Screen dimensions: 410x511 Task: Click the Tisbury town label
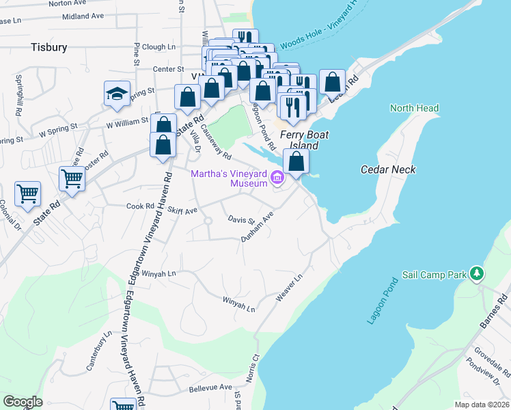click(x=49, y=47)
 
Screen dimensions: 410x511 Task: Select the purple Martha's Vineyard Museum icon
click(x=277, y=178)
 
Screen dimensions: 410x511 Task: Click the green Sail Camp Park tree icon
click(x=478, y=274)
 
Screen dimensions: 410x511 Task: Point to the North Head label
click(x=414, y=108)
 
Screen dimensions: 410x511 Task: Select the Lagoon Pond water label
click(x=382, y=301)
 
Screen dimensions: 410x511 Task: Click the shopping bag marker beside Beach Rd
click(x=332, y=82)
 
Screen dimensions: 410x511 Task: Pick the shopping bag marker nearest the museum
click(x=296, y=161)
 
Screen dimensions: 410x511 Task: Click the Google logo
click(x=23, y=402)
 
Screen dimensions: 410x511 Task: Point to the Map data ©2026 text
click(x=482, y=405)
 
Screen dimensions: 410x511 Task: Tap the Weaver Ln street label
click(x=288, y=290)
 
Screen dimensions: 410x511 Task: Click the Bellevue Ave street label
click(x=210, y=387)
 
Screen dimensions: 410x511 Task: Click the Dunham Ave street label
click(x=258, y=226)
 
